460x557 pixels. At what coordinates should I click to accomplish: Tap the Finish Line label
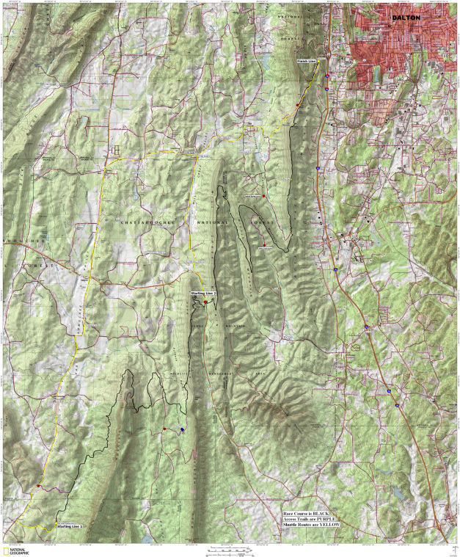point(307,62)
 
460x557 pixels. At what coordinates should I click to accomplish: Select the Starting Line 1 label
point(70,526)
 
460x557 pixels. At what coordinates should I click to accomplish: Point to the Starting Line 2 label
point(203,293)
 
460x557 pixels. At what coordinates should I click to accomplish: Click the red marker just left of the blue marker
point(165,429)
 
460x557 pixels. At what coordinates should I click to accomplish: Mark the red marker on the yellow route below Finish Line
point(298,106)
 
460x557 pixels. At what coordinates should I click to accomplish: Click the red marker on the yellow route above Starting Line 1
point(38,486)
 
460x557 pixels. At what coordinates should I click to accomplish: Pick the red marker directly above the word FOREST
point(263,196)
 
